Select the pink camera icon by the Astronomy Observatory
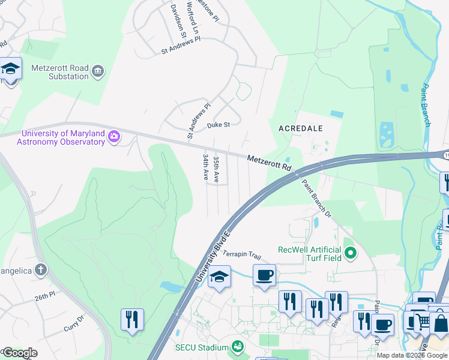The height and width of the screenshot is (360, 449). [x=113, y=138]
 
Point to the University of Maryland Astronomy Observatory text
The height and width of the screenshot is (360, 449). [x=63, y=137]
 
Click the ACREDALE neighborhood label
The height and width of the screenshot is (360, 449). [x=301, y=128]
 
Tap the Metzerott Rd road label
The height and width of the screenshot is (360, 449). [x=269, y=162]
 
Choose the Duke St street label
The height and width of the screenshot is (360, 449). [x=218, y=125]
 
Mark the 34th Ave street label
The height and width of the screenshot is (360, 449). [x=206, y=167]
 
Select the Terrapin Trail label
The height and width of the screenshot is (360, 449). [x=243, y=254]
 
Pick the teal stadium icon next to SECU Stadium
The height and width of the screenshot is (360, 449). [x=238, y=347]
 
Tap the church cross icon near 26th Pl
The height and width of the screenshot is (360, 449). [x=40, y=269]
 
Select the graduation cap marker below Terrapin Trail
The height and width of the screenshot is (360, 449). [x=220, y=278]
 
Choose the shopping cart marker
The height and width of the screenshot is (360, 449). [x=423, y=322]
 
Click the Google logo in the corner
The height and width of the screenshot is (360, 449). [x=19, y=353]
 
